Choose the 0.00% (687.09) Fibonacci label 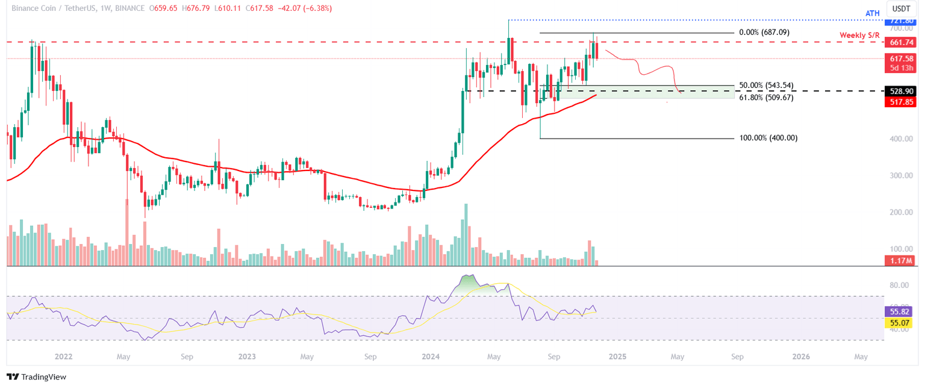point(764,33)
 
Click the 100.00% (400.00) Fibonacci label point(768,138)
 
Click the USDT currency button point(901,10)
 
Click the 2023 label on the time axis point(246,357)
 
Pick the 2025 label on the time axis point(617,357)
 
